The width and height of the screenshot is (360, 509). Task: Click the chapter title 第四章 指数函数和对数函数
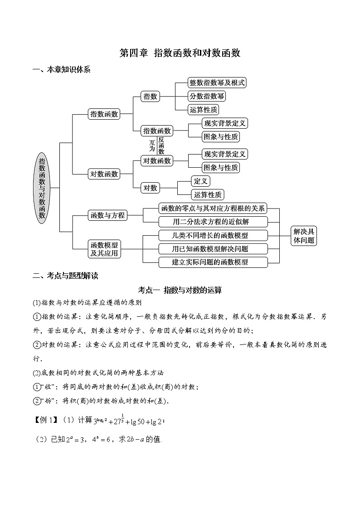click(180, 53)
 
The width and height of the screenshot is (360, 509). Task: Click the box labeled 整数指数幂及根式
click(217, 82)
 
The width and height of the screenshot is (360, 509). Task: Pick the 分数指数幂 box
click(206, 96)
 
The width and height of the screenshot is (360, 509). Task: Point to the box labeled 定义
click(200, 181)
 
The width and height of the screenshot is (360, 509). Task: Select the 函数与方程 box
click(107, 215)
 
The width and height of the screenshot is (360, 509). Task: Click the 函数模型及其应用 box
click(104, 249)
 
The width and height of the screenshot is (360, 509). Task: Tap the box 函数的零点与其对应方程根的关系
click(213, 208)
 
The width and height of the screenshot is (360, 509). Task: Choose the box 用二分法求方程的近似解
click(211, 222)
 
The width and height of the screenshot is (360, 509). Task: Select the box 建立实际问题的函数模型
click(212, 262)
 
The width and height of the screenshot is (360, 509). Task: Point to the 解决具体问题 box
click(303, 236)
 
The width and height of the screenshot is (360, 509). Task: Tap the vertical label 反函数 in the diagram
click(161, 145)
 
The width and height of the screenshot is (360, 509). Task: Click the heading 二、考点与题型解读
click(65, 276)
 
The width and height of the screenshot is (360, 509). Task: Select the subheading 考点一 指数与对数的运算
click(180, 290)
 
